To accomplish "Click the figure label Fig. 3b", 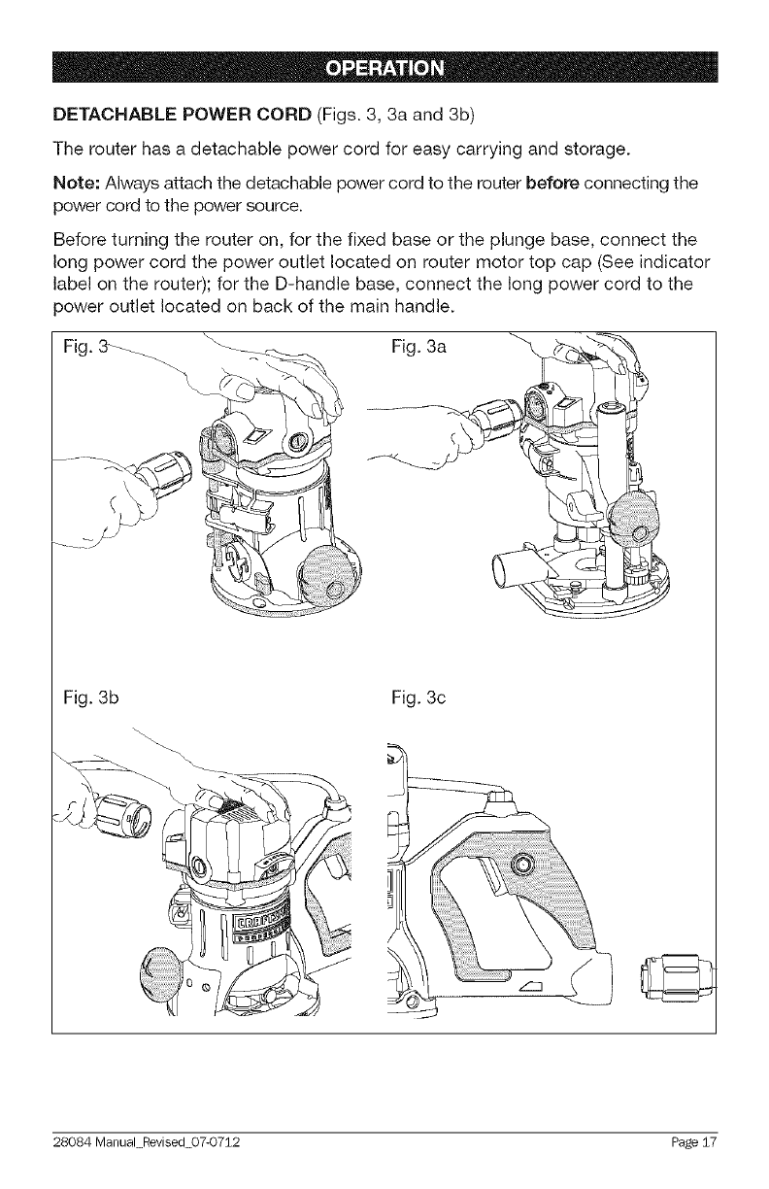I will pos(87,696).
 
